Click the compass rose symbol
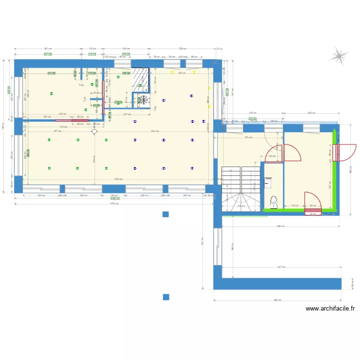339,57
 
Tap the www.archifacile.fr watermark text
330,309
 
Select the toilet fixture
274,203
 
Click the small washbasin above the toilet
268,182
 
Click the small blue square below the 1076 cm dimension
166,214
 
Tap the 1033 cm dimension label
118,180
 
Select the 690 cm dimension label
277,300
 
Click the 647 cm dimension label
281,267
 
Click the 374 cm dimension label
247,138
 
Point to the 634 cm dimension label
155,131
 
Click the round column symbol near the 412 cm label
95,131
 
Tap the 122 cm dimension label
271,156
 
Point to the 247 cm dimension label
127,114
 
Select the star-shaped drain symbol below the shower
143,100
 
